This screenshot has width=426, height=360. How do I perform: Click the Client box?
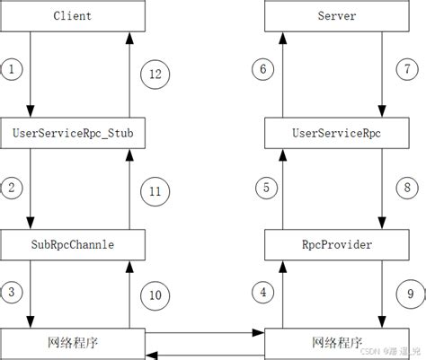[73, 15]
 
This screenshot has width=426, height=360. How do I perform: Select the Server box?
[337, 15]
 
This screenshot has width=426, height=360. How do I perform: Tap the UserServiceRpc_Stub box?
[73, 134]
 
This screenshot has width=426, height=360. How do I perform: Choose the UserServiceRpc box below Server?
[337, 134]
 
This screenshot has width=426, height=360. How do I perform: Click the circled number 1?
[11, 68]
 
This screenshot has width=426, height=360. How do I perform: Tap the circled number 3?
[11, 291]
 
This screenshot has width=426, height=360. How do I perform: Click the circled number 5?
[264, 188]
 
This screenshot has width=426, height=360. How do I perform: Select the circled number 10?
[154, 294]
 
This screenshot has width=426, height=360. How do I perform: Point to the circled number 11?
[154, 189]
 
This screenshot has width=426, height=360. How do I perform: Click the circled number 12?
[154, 75]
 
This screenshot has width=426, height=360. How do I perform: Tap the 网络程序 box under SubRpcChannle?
[73, 344]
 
